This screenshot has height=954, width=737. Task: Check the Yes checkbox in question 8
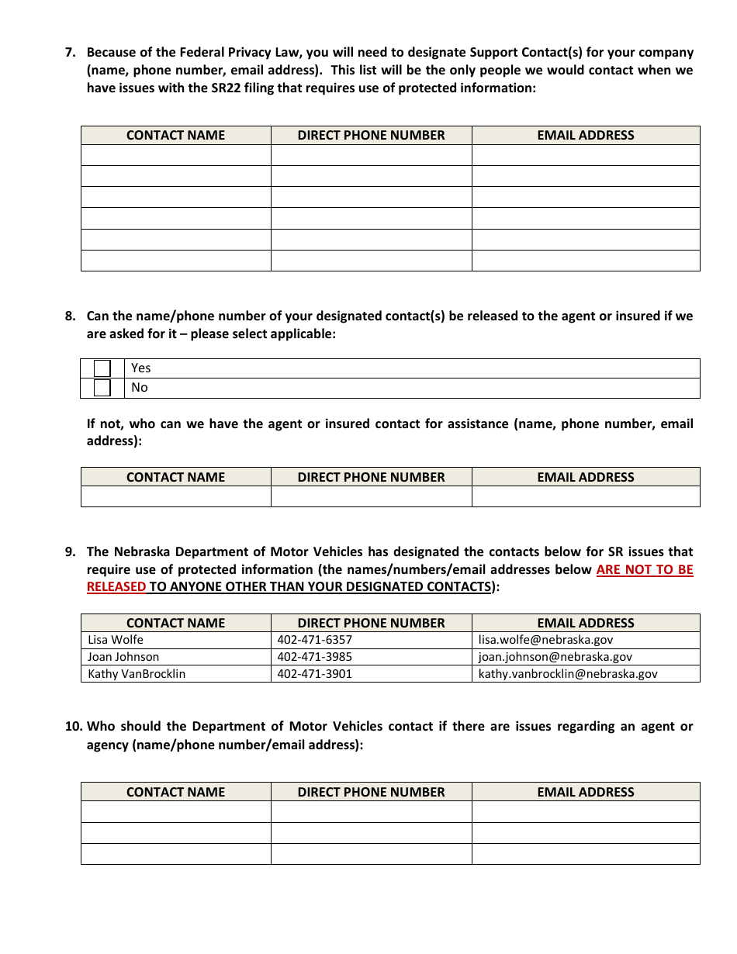click(x=102, y=368)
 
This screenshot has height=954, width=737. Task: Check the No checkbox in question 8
click(x=102, y=388)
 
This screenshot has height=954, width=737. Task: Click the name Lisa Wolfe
click(x=116, y=640)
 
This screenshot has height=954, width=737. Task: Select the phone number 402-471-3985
click(x=314, y=657)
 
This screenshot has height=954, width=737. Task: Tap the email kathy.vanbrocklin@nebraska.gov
click(x=568, y=674)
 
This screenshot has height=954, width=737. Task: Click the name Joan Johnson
click(x=123, y=657)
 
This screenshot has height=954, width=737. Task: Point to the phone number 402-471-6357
click(x=314, y=640)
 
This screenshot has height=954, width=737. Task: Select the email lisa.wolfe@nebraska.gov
click(x=545, y=640)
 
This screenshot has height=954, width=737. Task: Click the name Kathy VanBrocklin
click(x=137, y=674)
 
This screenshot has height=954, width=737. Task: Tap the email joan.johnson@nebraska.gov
click(x=555, y=657)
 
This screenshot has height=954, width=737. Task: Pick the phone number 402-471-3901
click(x=314, y=674)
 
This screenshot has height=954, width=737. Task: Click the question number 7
click(x=71, y=53)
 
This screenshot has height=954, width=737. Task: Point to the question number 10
click(x=74, y=727)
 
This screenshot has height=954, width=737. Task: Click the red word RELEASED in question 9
click(x=116, y=587)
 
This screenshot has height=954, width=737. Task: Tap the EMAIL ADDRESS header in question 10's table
click(x=586, y=792)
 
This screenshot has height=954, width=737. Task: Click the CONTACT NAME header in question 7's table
click(x=175, y=135)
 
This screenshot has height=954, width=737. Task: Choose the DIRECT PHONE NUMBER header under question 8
click(x=371, y=477)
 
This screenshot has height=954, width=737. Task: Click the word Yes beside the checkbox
click(x=141, y=368)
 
